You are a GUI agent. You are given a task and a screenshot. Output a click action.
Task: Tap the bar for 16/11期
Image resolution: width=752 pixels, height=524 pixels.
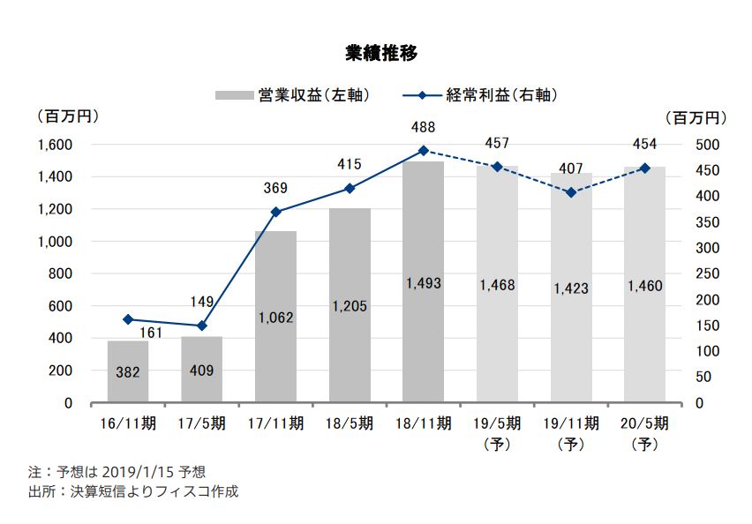(128, 371)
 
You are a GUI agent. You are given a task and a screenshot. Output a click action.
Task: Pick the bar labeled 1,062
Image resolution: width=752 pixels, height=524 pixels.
(275, 317)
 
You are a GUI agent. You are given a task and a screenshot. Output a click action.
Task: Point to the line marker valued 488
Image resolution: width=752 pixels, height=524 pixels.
(423, 151)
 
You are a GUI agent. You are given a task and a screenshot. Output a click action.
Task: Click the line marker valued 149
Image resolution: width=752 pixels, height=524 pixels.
(202, 326)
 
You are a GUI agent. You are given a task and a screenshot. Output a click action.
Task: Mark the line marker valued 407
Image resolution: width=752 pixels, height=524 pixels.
(571, 192)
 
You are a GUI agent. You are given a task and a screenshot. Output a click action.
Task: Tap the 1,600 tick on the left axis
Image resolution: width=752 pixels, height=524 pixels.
(55, 145)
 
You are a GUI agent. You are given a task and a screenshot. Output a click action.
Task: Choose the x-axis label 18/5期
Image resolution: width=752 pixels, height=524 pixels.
(350, 423)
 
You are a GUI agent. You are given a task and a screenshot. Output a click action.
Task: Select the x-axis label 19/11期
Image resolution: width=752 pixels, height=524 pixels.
(571, 423)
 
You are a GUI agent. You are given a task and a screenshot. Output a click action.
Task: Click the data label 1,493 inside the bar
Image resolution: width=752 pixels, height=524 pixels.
(424, 284)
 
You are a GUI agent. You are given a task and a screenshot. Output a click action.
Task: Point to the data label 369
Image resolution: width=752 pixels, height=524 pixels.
(275, 187)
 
